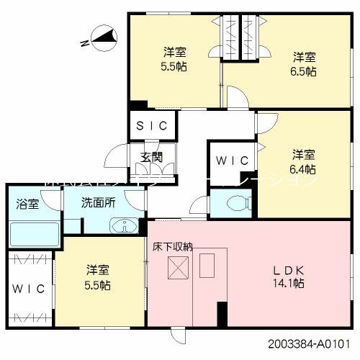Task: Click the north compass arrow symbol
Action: [x=101, y=36]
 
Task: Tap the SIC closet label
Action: [x=153, y=125]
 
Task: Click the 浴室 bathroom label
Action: [x=28, y=204]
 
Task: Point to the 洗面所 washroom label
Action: [x=98, y=204]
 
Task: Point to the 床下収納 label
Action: [x=173, y=246]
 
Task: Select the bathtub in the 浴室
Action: [x=34, y=235]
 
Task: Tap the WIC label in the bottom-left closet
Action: [x=29, y=289]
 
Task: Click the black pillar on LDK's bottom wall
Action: [x=222, y=315]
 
